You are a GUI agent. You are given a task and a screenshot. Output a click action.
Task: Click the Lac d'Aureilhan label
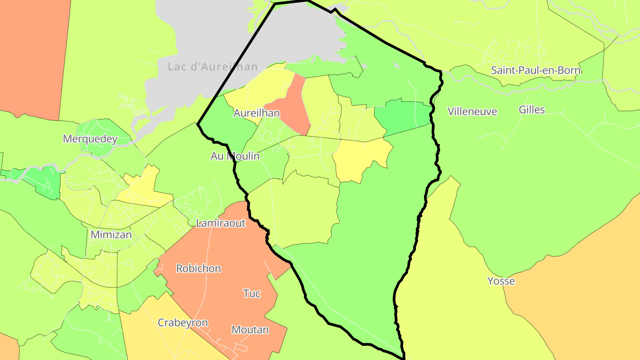(213, 67)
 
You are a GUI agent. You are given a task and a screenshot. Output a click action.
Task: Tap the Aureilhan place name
(256, 113)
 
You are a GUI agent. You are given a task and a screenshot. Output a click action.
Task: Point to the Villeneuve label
(472, 111)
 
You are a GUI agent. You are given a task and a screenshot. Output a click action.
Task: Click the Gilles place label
(532, 110)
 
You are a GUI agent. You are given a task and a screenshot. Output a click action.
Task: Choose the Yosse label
(501, 281)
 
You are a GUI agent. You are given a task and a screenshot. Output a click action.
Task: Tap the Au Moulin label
(235, 156)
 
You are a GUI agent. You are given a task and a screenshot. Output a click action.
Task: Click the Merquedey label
(90, 139)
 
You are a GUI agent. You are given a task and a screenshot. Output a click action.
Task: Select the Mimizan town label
(111, 235)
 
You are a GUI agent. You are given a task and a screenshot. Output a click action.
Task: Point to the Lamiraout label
(220, 223)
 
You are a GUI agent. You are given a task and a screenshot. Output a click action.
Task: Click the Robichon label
(198, 268)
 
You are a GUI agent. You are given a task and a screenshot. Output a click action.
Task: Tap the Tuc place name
(252, 293)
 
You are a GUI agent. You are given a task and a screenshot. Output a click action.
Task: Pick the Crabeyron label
(183, 323)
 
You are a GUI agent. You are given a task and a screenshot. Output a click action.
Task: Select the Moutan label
(250, 330)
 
